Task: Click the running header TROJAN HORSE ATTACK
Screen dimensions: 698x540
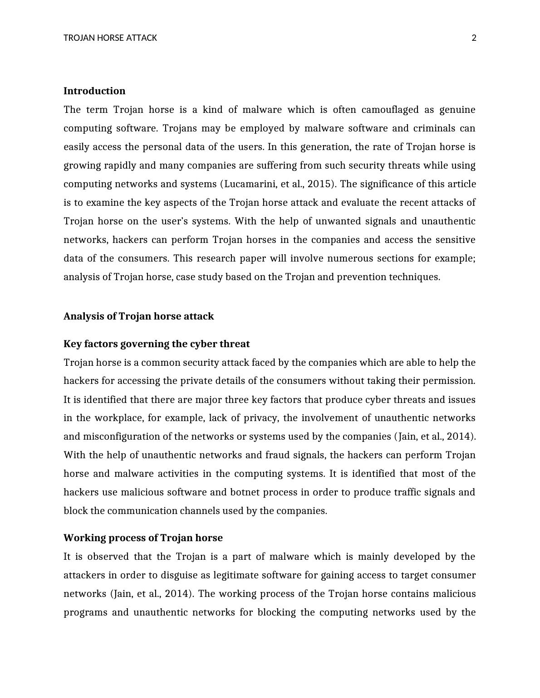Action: pyautogui.click(x=110, y=38)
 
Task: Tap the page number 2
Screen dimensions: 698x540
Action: pyautogui.click(x=474, y=38)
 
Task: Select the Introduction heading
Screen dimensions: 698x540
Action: pyautogui.click(x=94, y=91)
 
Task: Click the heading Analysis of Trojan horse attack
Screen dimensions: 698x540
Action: pyautogui.click(x=138, y=316)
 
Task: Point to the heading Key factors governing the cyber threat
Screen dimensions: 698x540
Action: pyautogui.click(x=157, y=344)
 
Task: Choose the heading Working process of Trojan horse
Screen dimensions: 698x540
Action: pyautogui.click(x=143, y=538)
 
